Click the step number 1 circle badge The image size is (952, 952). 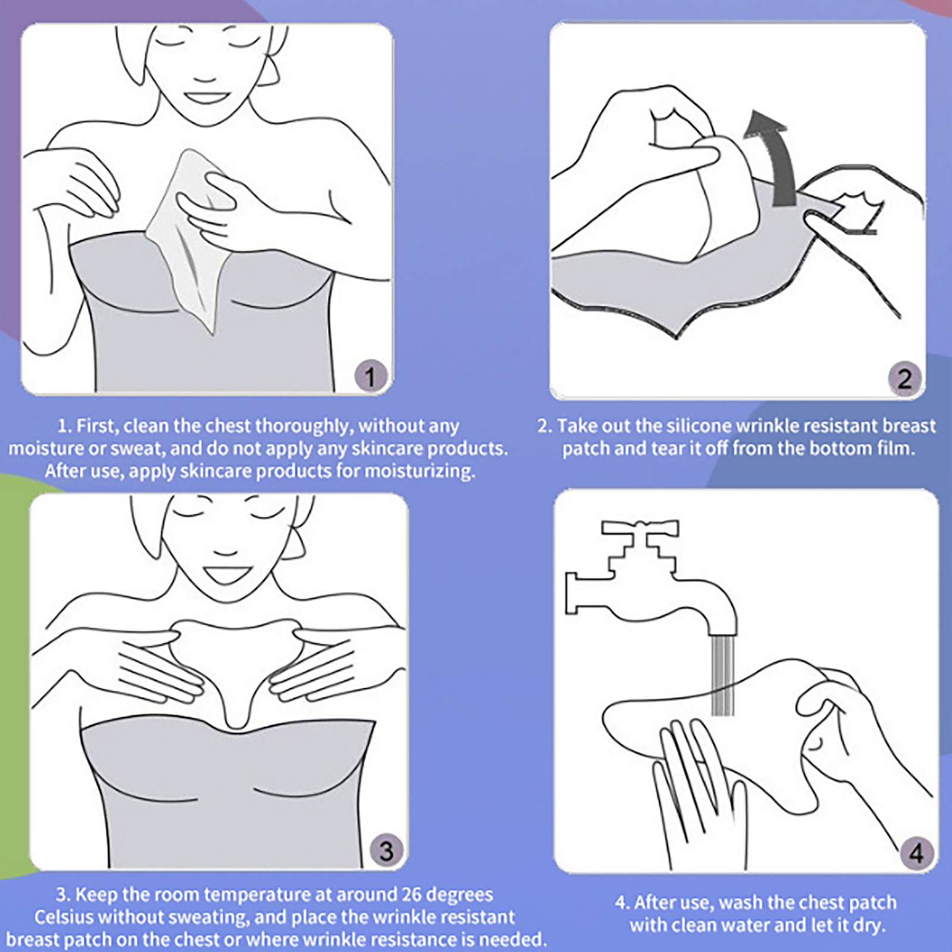point(370,377)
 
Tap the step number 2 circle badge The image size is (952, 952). point(904,378)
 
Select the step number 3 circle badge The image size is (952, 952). point(386,851)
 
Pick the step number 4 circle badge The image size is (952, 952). point(916,854)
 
